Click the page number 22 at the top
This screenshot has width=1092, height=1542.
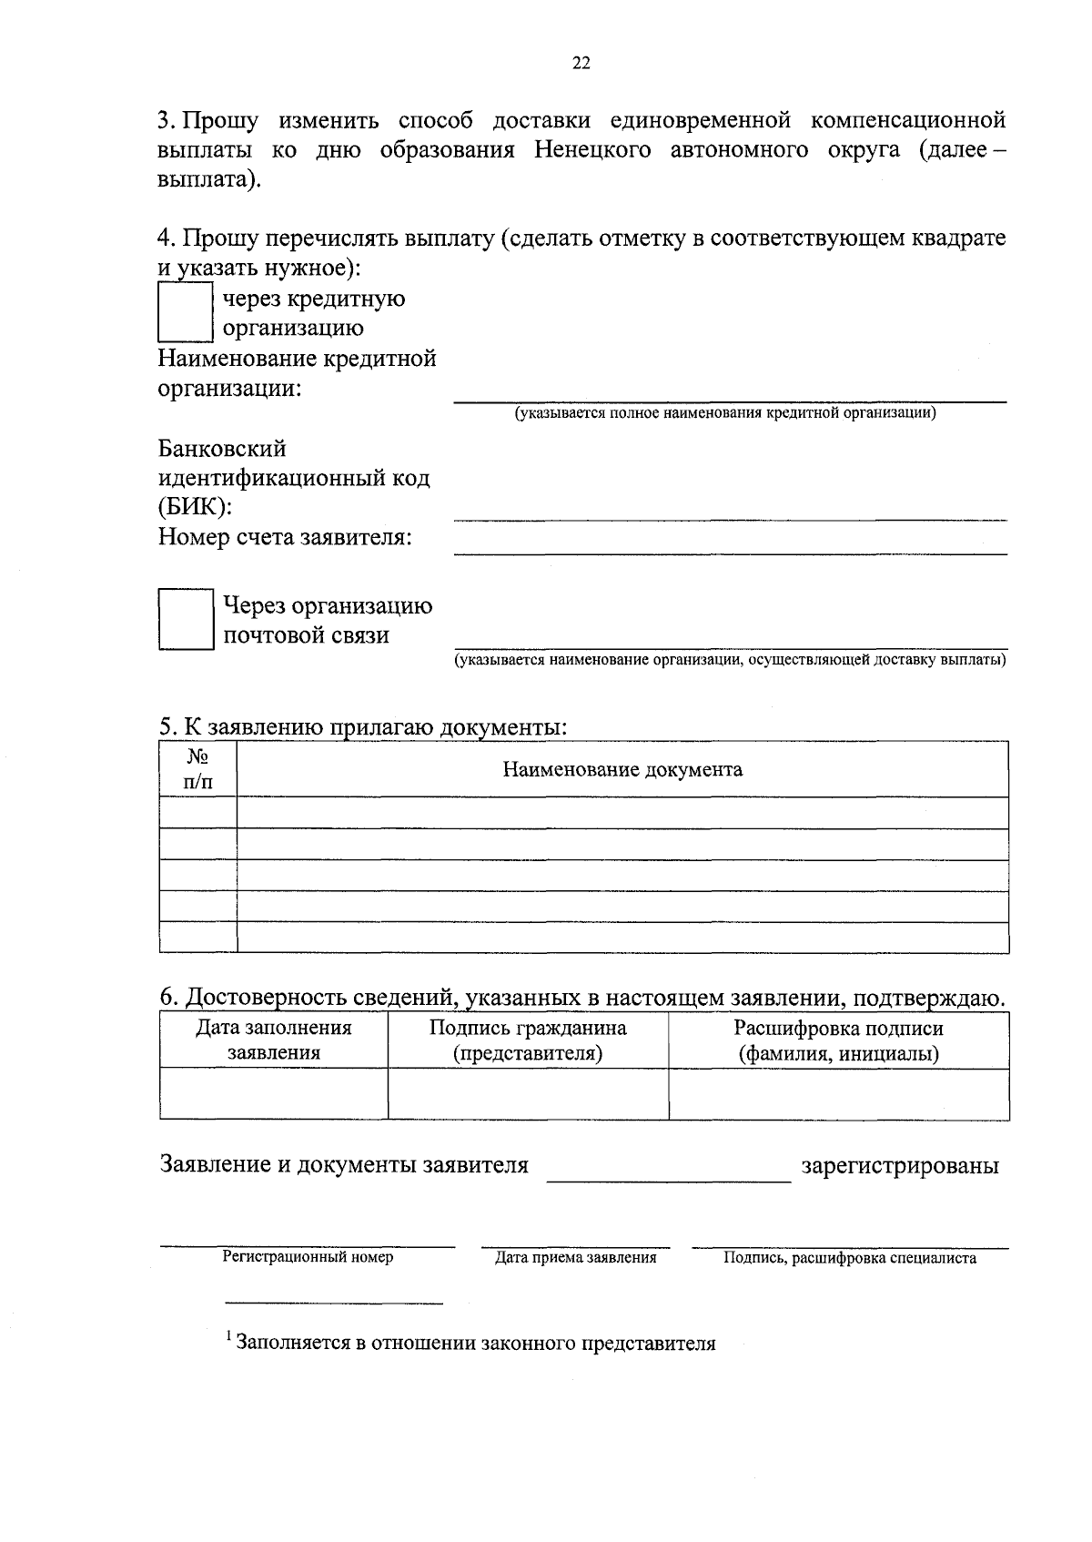pos(581,63)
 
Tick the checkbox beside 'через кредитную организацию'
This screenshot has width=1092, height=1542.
pos(186,313)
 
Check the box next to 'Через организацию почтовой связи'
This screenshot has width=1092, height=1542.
pos(186,619)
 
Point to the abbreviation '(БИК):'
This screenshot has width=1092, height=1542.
pos(195,507)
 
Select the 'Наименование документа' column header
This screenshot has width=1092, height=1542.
pos(622,770)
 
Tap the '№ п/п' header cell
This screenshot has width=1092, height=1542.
pos(198,769)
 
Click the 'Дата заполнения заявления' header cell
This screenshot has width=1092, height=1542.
pos(274,1040)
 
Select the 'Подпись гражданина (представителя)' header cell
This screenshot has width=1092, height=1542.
pos(528,1040)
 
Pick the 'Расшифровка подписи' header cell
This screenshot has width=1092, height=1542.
pos(838,1040)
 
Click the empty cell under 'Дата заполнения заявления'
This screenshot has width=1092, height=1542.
pos(274,1093)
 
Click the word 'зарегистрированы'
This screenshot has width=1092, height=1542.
pos(899,1166)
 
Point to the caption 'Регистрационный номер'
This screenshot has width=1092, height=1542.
pos(308,1257)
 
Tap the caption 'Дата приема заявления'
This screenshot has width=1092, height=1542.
pos(575,1258)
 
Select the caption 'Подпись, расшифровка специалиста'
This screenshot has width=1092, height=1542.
pos(850,1258)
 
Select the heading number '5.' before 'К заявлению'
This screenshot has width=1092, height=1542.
pos(167,726)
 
